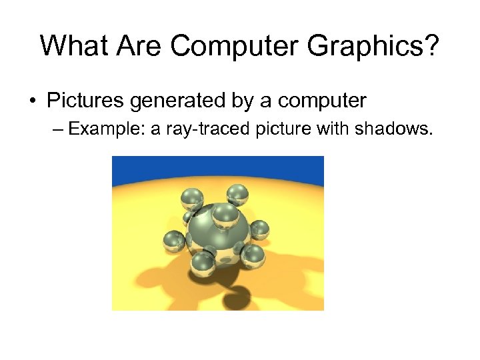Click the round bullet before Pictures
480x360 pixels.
[x=33, y=102]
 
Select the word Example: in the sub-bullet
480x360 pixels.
[x=106, y=129]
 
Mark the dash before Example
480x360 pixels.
[x=57, y=129]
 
